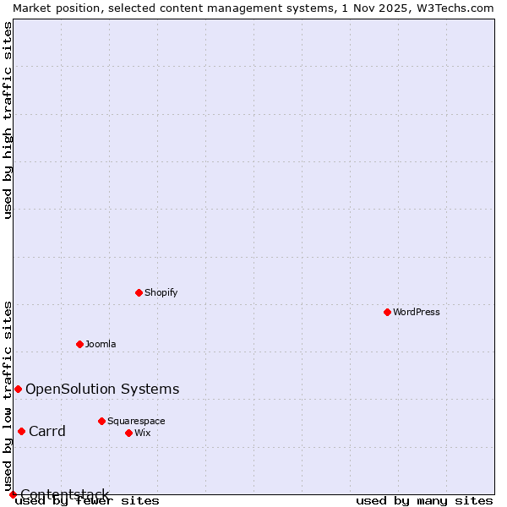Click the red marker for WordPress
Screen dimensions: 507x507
coord(387,312)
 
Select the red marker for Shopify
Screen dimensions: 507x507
coord(139,292)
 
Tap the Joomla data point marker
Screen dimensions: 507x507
coord(79,344)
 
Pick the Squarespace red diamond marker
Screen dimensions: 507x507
coord(101,421)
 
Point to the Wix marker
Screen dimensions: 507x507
coord(128,433)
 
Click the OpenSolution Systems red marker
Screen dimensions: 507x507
coord(18,389)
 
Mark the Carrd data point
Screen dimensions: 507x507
coord(21,431)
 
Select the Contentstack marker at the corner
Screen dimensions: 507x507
coord(13,494)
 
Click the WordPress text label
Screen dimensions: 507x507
coord(417,312)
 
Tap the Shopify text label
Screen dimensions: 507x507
coord(161,292)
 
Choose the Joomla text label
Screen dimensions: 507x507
coord(101,344)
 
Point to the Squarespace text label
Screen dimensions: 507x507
coord(136,421)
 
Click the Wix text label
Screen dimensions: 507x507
coord(143,433)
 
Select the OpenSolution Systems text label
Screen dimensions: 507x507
coord(102,389)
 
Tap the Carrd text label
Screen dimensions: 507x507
coord(47,431)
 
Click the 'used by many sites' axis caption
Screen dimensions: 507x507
coord(424,500)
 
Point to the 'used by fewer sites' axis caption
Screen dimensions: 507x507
coord(87,500)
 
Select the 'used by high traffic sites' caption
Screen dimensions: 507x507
coord(8,120)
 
